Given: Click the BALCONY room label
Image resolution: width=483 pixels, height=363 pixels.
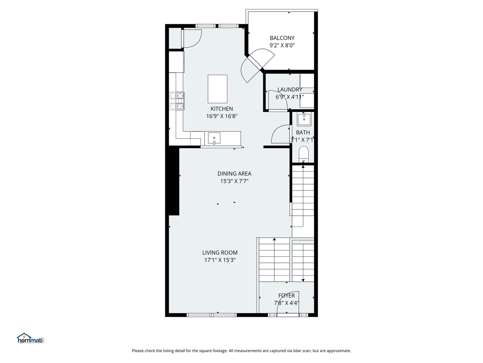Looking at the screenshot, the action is [x=282, y=38].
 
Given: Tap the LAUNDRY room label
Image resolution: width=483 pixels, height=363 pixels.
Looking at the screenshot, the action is [x=289, y=89].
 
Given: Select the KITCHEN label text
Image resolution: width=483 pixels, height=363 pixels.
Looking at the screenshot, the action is [x=222, y=109].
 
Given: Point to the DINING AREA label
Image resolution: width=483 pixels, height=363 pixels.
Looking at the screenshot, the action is [x=234, y=174].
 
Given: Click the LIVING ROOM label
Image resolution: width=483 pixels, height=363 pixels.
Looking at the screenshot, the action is [x=220, y=252].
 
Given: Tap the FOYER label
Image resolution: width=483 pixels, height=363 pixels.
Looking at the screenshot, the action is [x=286, y=295].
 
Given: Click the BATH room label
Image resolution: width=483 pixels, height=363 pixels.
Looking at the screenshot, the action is [x=303, y=132].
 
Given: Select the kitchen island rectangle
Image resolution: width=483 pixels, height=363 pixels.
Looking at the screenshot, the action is [x=217, y=89].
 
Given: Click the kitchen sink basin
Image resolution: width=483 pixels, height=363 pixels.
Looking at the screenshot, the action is [x=214, y=138].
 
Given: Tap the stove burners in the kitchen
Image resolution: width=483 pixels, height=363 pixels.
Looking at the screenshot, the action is [x=177, y=101].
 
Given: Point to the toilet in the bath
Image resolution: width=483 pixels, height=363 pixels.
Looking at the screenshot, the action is [x=304, y=154].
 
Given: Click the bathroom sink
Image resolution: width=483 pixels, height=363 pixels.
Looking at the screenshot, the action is [x=304, y=119].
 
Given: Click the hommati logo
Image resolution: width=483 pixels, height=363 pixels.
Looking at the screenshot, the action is [x=31, y=338].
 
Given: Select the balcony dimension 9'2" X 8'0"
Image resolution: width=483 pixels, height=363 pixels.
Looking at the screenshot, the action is [x=282, y=45].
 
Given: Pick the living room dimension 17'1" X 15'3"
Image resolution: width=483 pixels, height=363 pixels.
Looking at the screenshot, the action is [x=220, y=260].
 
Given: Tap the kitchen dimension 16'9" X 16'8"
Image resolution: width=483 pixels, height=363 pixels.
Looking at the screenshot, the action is [x=222, y=116].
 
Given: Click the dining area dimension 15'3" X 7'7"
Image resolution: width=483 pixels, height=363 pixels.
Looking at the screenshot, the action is [x=234, y=181].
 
